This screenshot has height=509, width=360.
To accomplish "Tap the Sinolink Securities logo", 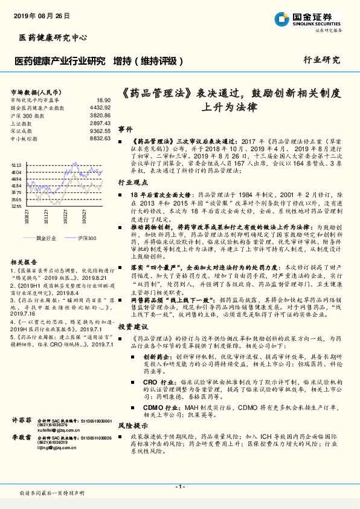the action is coord(317,18).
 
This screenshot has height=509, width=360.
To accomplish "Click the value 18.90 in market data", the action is coord(103,100).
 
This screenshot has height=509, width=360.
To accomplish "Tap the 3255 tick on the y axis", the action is coord(16,206).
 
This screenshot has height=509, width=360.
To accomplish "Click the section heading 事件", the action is coord(125,129).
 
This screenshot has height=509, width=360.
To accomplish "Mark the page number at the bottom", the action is coord(179,486).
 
